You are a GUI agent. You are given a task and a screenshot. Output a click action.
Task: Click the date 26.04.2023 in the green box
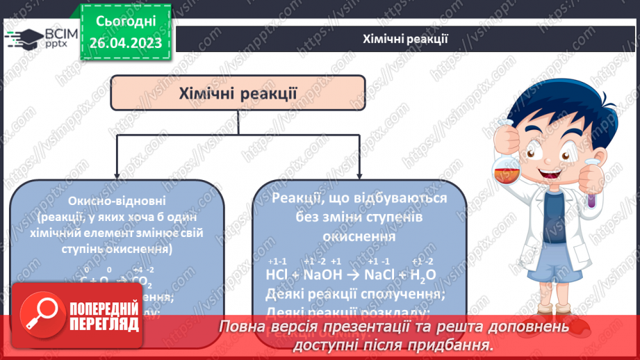point(126,43)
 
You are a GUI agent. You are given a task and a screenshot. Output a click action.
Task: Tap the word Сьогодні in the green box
point(126,22)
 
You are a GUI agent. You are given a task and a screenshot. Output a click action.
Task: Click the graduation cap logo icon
point(24,37)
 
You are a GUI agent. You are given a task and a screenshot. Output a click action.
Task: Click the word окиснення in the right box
point(359,236)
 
